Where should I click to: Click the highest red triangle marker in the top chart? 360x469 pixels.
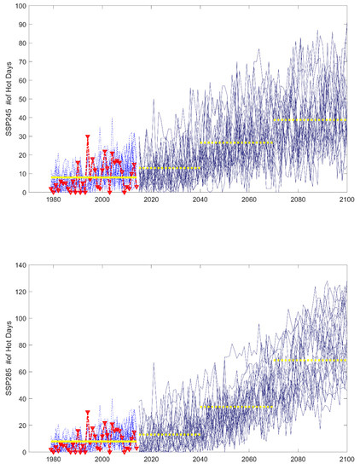point(88,136)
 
